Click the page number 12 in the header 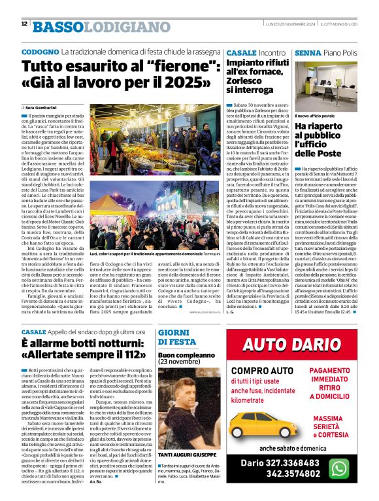coord(24,24)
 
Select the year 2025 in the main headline coord(180,83)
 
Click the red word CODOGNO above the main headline coord(40,51)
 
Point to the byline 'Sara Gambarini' coord(42,106)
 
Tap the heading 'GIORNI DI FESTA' coord(177,337)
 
